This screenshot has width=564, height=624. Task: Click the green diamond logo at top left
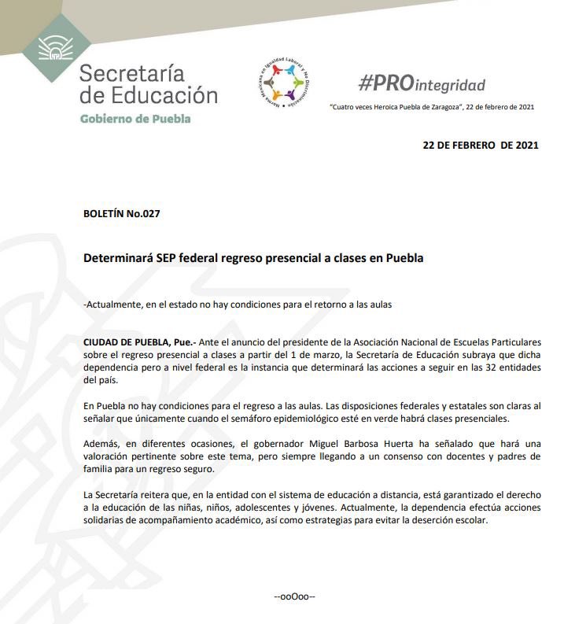(x=55, y=49)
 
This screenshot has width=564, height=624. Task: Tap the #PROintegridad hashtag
(x=422, y=83)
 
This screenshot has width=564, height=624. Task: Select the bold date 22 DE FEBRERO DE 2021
(x=481, y=146)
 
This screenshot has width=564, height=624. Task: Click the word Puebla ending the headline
(x=404, y=258)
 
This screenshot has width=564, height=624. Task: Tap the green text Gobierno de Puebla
(x=135, y=119)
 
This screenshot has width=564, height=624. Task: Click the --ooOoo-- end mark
(x=294, y=596)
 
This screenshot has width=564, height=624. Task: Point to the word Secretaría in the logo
(x=131, y=74)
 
